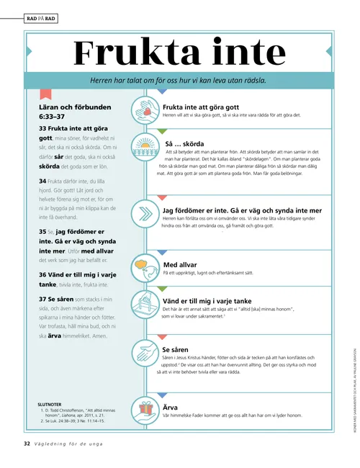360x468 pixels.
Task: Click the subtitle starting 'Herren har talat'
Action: tap(180, 80)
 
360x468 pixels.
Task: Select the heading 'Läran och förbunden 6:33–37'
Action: tap(64, 111)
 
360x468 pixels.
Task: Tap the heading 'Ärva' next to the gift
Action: tap(171, 407)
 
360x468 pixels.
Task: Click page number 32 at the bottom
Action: tap(27, 444)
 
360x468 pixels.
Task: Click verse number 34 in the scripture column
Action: tap(42, 180)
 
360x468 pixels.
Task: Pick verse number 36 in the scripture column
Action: tap(42, 274)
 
